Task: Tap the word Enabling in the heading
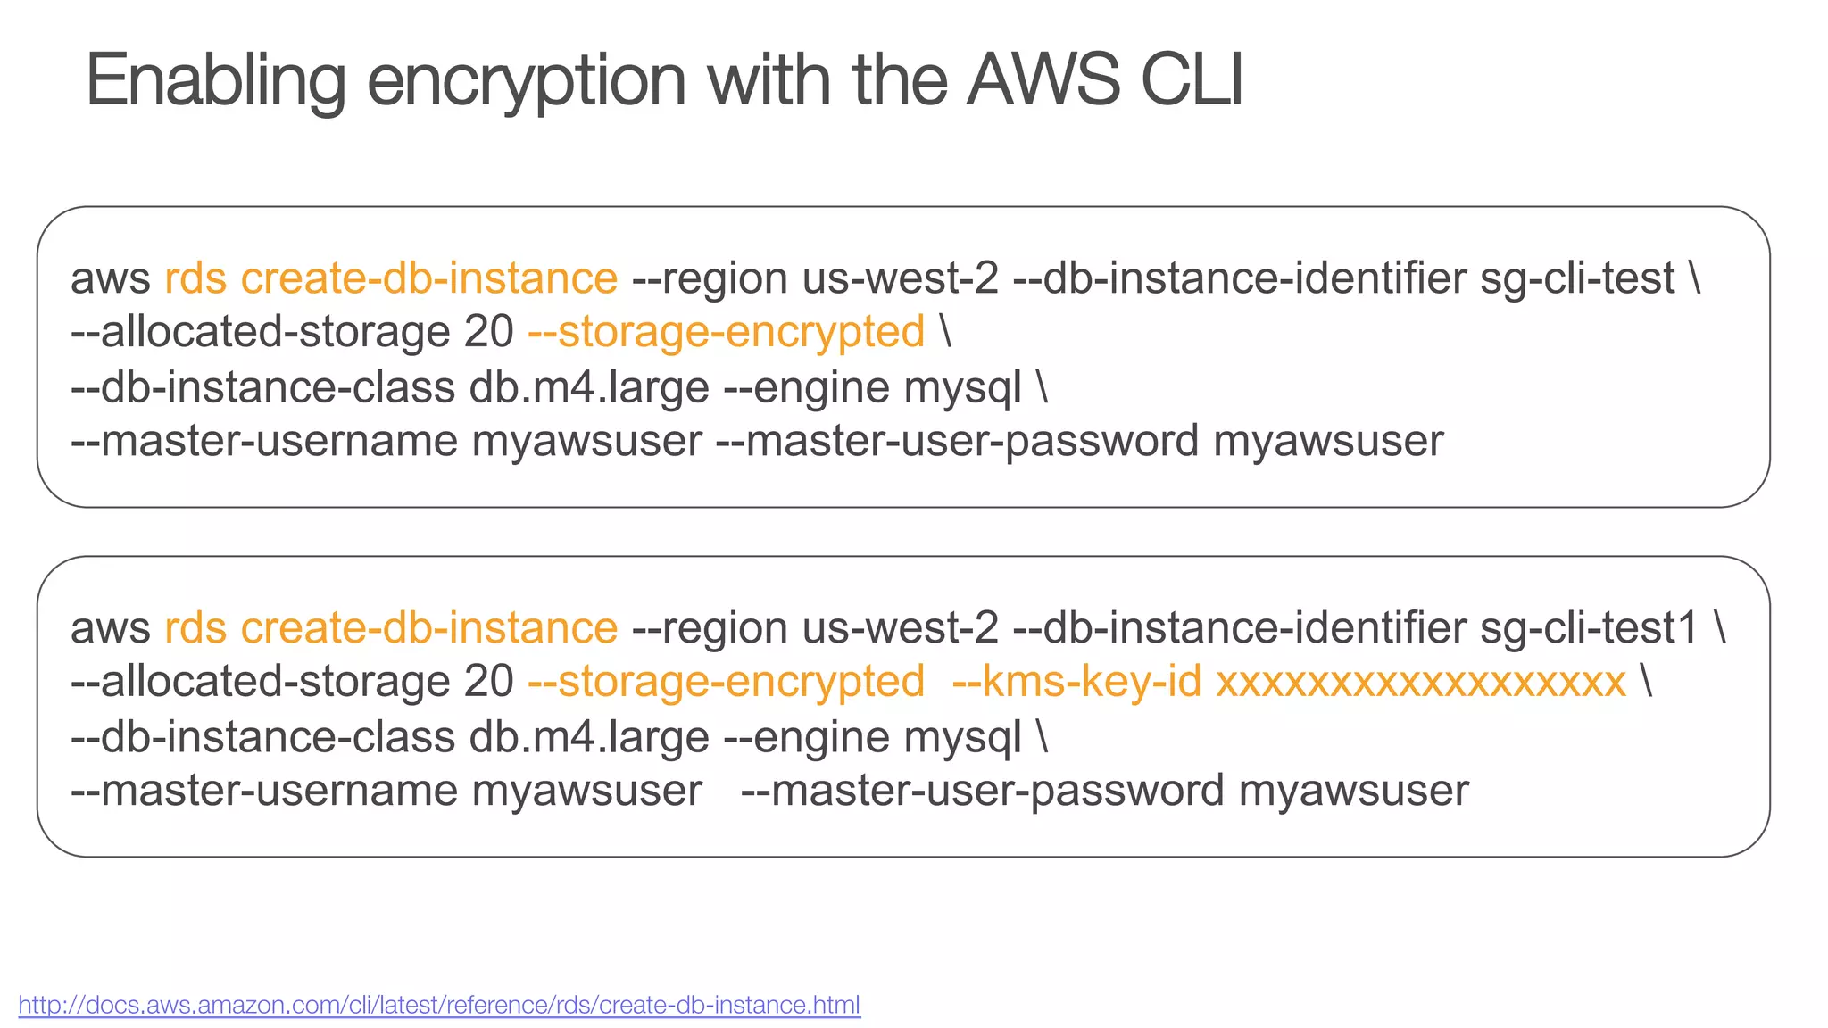(x=215, y=82)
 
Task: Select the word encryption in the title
(x=527, y=82)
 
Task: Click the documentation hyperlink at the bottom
(x=439, y=1005)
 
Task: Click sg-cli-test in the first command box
(x=1577, y=278)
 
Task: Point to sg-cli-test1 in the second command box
(x=1589, y=628)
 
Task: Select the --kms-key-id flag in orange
(x=1076, y=682)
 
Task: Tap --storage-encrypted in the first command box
(x=726, y=332)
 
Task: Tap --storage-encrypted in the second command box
(x=726, y=682)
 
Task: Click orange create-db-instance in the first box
(x=428, y=278)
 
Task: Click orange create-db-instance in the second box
(x=428, y=628)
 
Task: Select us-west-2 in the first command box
(x=900, y=278)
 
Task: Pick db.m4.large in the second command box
(x=589, y=737)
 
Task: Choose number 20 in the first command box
(x=488, y=332)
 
